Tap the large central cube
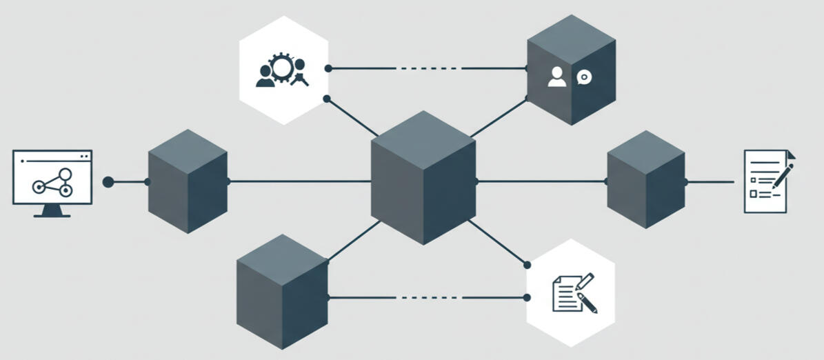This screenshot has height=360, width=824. (x=423, y=178)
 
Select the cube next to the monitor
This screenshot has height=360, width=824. (x=188, y=181)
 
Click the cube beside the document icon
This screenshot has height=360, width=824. (x=646, y=179)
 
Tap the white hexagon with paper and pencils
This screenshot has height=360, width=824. (x=570, y=293)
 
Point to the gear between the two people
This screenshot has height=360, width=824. (x=282, y=68)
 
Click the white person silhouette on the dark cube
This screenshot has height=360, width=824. (x=557, y=77)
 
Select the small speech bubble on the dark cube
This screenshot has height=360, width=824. (x=584, y=77)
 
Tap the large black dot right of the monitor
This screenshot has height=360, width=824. (x=108, y=182)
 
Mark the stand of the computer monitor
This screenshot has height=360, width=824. (x=52, y=212)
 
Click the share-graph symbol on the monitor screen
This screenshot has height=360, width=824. (x=52, y=183)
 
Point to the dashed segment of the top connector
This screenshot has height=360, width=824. (x=428, y=68)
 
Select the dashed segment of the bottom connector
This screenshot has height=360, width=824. (x=428, y=297)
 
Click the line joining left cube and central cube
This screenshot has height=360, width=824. (x=300, y=182)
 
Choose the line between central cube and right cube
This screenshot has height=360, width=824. (x=541, y=181)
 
